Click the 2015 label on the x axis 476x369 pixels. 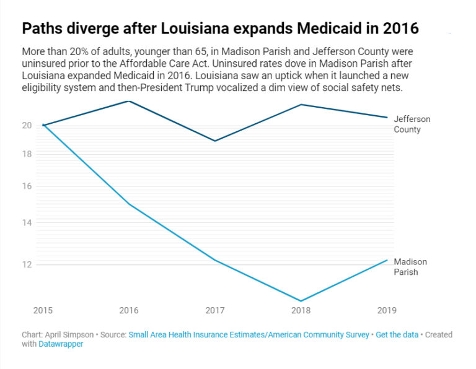43,310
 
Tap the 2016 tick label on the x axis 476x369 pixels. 129,310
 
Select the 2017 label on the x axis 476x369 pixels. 214,310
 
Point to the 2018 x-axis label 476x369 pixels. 301,310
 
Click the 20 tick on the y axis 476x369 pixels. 27,125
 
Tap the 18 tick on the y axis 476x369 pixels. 27,154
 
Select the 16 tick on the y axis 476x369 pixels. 27,186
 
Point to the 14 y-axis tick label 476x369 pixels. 27,222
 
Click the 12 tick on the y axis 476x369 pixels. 27,264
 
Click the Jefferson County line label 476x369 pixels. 412,124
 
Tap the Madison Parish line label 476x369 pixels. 410,267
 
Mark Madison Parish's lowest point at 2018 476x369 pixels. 301,301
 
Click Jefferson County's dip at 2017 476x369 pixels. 214,141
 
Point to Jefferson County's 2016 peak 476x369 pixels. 129,100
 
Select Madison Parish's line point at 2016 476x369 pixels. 129,204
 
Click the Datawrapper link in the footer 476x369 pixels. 61,344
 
